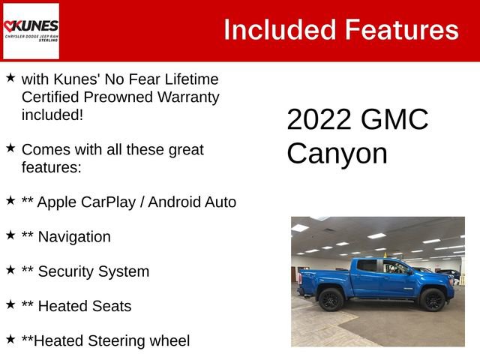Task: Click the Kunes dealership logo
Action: [31, 31]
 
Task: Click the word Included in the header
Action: [278, 30]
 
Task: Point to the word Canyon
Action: [337, 154]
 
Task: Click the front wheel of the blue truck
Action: [432, 299]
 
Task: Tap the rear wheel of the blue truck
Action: [331, 299]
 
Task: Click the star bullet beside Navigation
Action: [10, 235]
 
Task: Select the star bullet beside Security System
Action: [10, 270]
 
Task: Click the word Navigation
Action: [73, 237]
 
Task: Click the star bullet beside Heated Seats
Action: [10, 304]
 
